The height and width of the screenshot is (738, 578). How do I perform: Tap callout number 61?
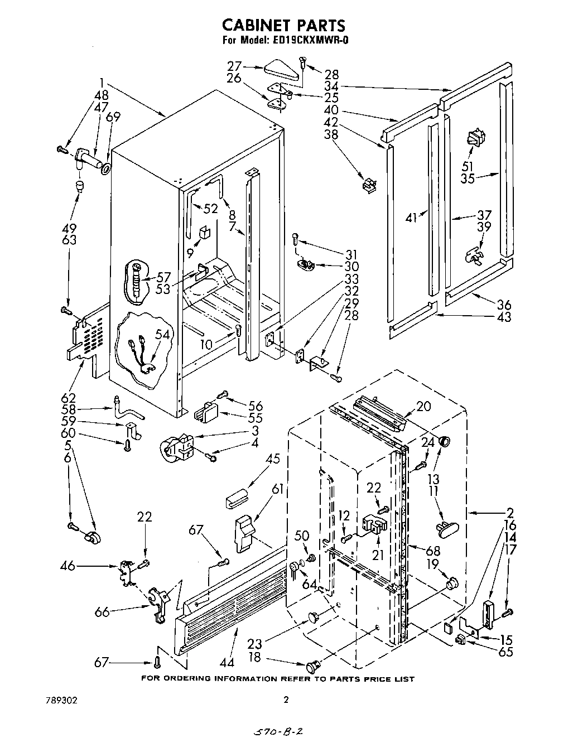tap(278, 490)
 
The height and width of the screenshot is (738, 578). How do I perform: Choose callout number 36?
tap(503, 305)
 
